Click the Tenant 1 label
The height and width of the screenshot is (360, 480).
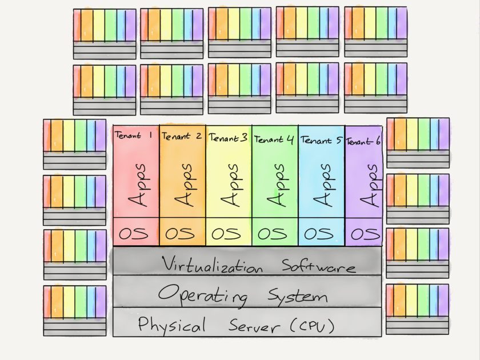(133, 136)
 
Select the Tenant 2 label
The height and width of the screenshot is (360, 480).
(181, 137)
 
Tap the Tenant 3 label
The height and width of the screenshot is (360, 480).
(228, 138)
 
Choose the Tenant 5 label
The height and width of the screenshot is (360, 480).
(321, 139)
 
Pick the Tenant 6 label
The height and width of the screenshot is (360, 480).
(363, 141)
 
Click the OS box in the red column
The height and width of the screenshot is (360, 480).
(135, 233)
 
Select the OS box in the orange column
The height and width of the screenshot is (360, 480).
(182, 234)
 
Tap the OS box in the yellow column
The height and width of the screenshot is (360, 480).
(228, 234)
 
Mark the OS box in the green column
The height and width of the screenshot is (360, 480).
(274, 234)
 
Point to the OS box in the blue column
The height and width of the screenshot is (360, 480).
(321, 234)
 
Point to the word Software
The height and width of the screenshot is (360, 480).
(318, 266)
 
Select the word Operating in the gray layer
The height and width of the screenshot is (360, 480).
(203, 295)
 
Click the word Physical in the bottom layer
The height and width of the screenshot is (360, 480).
(171, 326)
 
